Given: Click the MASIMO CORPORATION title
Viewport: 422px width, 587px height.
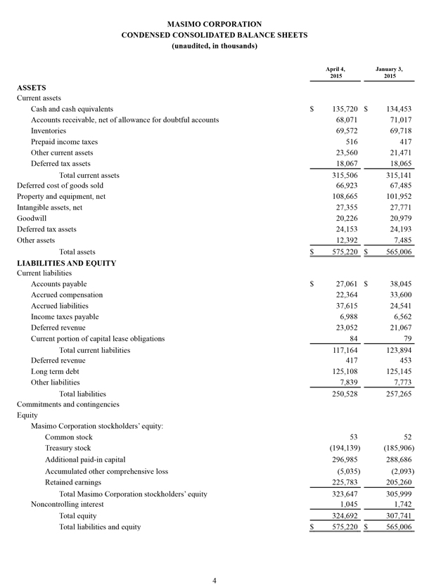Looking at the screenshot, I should [214, 24].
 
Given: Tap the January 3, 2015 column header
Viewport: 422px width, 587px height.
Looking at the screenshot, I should [390, 72].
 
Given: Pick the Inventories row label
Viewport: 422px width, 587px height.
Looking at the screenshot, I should [49, 131].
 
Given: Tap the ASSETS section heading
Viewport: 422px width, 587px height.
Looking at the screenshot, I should [32, 87].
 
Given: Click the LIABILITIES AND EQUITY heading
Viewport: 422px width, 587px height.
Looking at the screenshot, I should [61, 262].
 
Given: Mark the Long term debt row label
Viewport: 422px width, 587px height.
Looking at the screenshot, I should [56, 371].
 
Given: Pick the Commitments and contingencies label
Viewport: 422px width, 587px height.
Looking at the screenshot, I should [68, 404].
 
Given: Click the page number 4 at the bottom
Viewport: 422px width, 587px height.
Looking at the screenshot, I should [214, 579].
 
